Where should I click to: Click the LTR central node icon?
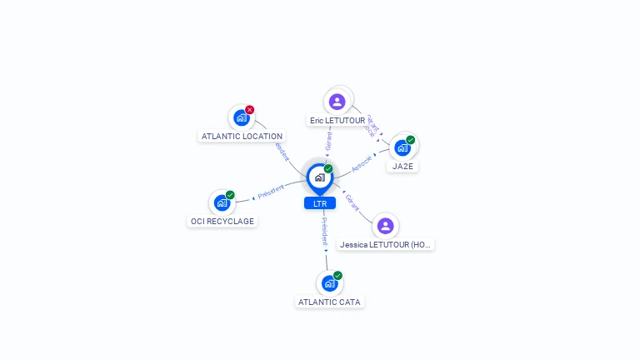[320, 177]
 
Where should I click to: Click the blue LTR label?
[320, 203]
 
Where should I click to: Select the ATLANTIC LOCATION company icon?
[241, 117]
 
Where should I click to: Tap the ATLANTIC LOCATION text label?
[242, 136]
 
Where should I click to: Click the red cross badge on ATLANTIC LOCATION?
[249, 110]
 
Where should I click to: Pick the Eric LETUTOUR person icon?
[337, 102]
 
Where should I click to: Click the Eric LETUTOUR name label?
[337, 121]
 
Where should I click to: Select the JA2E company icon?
[402, 147]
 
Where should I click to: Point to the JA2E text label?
[403, 166]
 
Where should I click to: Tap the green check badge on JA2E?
[411, 140]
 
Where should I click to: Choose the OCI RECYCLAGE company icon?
[222, 202]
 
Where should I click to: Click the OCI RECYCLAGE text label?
[222, 222]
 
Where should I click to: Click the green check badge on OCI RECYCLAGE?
[230, 195]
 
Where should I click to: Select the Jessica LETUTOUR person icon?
[385, 226]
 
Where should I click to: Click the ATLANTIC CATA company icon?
[329, 283]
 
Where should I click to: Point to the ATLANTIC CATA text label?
[330, 302]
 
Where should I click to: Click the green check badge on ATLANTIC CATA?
[337, 276]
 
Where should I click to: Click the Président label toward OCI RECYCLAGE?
[271, 191]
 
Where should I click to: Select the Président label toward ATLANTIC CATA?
[324, 230]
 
